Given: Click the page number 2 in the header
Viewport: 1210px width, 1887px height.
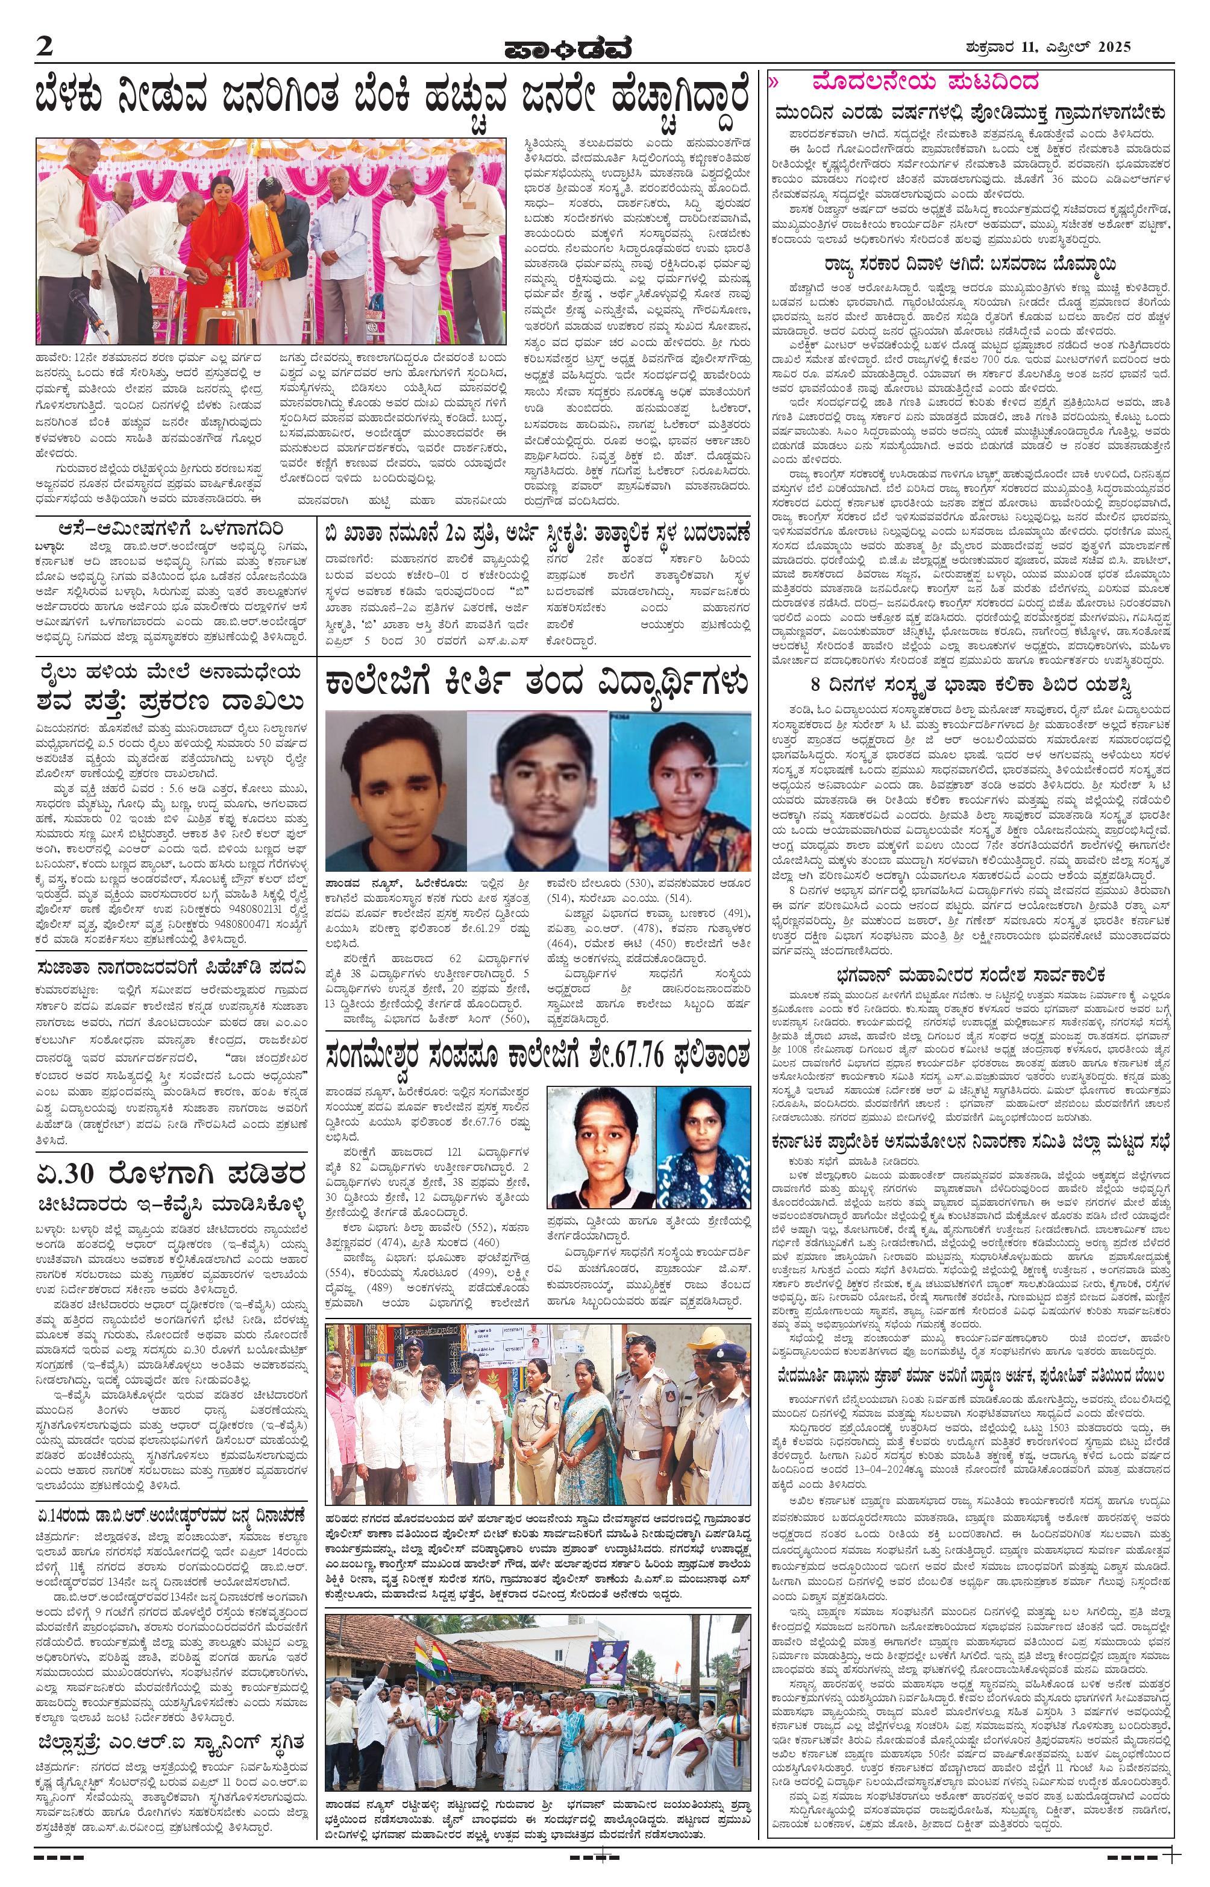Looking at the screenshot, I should (45, 46).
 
